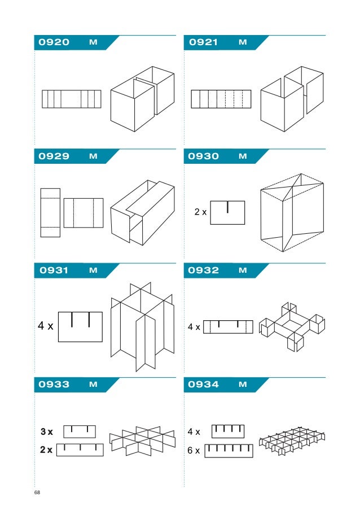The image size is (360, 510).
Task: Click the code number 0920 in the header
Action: (54, 42)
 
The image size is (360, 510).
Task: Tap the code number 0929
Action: (54, 156)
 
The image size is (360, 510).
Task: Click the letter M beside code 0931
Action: (93, 271)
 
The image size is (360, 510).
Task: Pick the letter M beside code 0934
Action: (243, 385)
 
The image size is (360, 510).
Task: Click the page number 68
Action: (37, 493)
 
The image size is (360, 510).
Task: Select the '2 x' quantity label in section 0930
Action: (200, 212)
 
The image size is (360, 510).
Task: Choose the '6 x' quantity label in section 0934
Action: (194, 450)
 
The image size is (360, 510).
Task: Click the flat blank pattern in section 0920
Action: (72, 99)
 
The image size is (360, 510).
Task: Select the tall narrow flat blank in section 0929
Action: (50, 213)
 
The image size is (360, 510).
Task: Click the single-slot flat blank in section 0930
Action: (227, 212)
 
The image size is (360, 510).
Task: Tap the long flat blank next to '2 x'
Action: (81, 450)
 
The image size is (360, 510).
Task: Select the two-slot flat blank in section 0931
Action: (80, 326)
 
